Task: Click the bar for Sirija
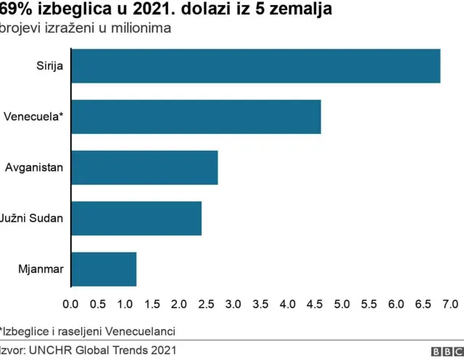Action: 256,66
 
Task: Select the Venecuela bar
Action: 196,117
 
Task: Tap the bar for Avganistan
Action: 145,167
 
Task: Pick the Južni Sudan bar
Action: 137,218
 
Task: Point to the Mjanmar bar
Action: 104,269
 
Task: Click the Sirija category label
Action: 50,66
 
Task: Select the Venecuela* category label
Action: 33,117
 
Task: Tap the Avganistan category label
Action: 34,167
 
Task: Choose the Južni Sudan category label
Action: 33,218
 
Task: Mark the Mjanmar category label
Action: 41,269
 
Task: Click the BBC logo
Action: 445,351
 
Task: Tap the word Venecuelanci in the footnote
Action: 143,331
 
